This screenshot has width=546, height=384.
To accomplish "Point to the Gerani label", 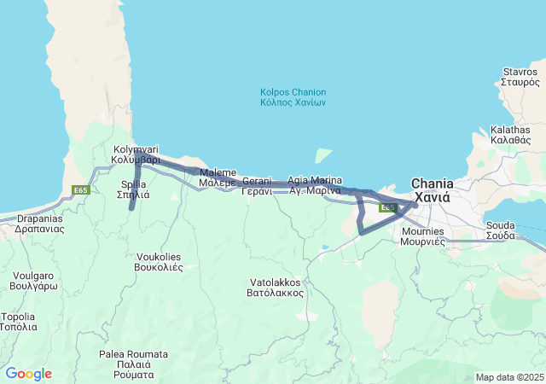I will (257, 186).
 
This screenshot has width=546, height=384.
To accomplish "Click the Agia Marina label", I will (315, 185).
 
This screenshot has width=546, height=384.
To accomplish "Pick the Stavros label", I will (520, 78).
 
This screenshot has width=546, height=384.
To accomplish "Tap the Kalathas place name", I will (510, 136).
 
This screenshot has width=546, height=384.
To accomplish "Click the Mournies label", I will (422, 236).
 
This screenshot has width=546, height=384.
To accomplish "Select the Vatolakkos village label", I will (276, 287).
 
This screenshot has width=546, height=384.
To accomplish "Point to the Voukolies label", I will (160, 261).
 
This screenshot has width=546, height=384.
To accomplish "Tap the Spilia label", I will (134, 189).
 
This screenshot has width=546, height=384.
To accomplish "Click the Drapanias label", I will (40, 223).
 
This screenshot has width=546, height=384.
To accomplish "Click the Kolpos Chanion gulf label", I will (293, 97).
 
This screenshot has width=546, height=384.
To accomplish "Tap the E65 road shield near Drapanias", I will (81, 190).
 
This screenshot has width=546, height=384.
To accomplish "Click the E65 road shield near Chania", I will (387, 207).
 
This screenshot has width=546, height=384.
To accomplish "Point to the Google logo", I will (28, 374).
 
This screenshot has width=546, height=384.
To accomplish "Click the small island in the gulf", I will (323, 156).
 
